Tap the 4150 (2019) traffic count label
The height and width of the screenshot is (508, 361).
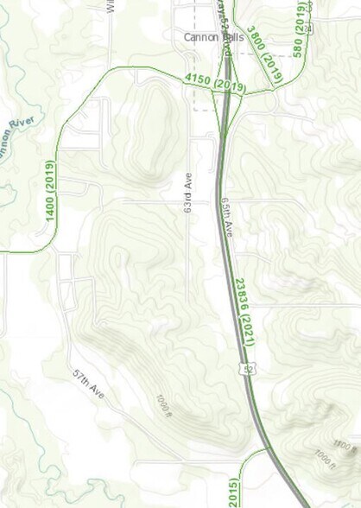click(215, 84)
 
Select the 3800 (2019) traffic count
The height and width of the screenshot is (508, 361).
click(263, 54)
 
